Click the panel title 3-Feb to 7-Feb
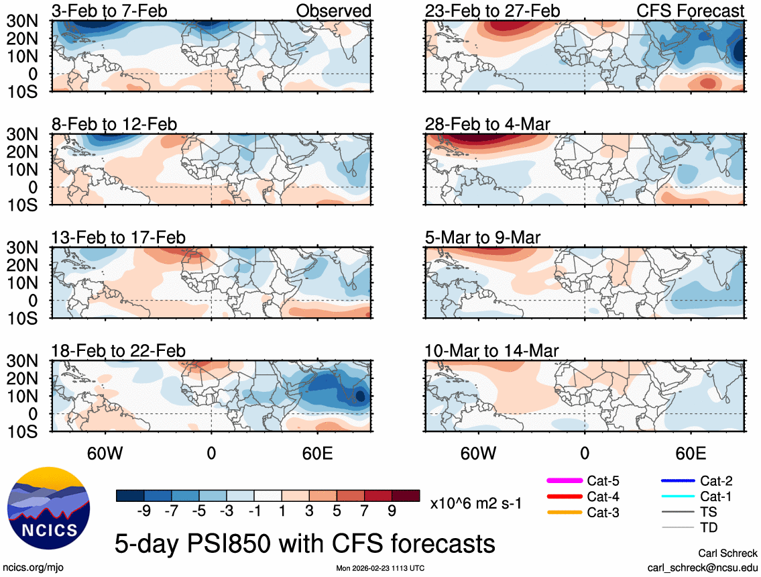coord(110,11)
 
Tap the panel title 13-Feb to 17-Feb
coord(119,238)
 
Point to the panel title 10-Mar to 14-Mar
coord(492,351)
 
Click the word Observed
coord(334,11)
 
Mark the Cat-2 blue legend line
coord(676,480)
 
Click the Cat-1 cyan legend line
coord(676,496)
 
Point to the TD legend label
coord(709,528)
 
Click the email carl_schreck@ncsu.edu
coord(702,567)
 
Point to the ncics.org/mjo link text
coord(32,567)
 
